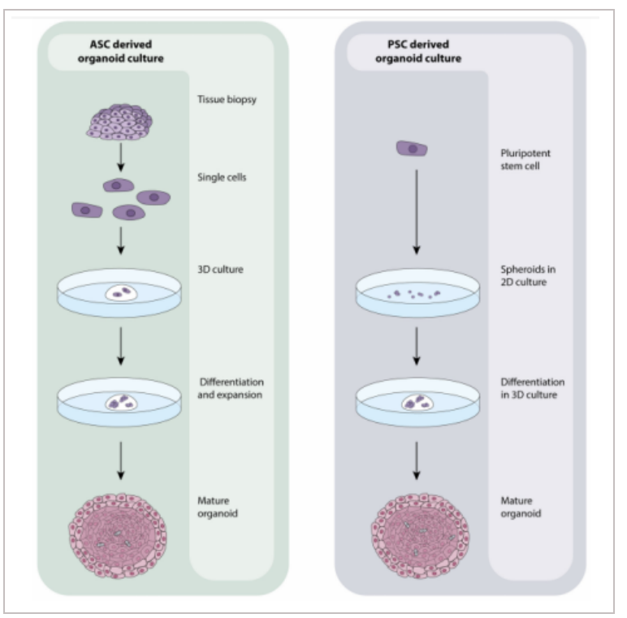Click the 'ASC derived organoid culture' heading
(x=120, y=51)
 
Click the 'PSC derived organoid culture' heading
(x=418, y=51)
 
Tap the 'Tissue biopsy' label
(x=227, y=100)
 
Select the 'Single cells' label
(x=222, y=177)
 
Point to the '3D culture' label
(x=220, y=270)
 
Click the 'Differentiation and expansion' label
(x=231, y=388)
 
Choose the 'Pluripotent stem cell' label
(x=525, y=159)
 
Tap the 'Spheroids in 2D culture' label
(x=528, y=275)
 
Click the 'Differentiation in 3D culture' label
(x=532, y=388)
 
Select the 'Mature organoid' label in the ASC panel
(x=217, y=507)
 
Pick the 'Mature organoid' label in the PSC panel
(x=521, y=507)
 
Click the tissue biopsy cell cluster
(x=119, y=122)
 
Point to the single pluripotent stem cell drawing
(x=412, y=149)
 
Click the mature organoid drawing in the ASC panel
(x=118, y=536)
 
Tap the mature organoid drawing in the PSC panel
(x=420, y=536)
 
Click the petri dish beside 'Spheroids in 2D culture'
(x=418, y=293)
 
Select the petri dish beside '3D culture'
(x=119, y=293)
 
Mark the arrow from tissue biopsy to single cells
(x=121, y=157)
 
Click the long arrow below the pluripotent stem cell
(x=417, y=212)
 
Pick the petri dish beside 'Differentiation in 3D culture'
(x=418, y=402)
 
